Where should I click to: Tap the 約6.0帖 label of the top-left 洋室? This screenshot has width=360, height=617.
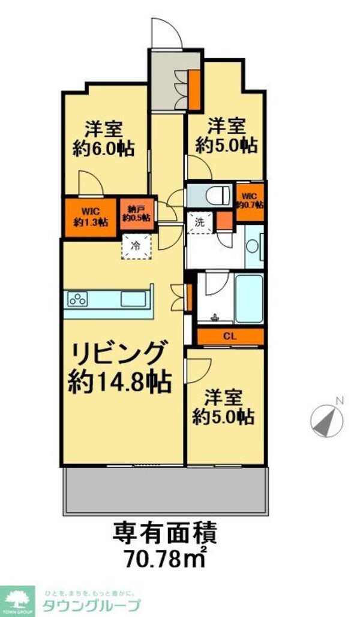point(104,148)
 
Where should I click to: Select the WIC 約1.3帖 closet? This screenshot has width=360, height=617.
point(90,216)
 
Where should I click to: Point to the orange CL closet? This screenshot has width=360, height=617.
point(229,336)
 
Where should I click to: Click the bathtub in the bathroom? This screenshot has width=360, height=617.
point(248,299)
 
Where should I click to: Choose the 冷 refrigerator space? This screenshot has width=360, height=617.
point(136,245)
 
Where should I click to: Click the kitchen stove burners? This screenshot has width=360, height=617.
point(78,298)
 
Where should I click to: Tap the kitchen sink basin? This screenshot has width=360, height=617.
point(133,298)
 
